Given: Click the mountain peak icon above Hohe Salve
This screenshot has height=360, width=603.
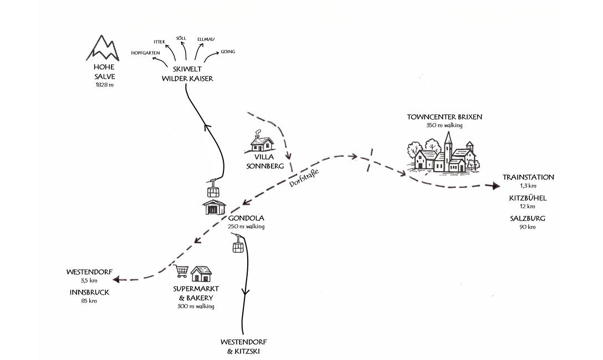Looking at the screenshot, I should [x=103, y=48].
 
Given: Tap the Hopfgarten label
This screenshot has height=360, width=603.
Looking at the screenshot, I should [x=146, y=53].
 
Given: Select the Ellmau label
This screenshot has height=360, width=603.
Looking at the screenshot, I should [x=206, y=39].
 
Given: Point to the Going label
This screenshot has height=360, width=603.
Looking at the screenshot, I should [x=228, y=52].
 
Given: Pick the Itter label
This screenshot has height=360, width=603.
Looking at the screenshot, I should [x=159, y=42].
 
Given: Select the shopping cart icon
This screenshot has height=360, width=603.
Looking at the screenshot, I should [x=181, y=271].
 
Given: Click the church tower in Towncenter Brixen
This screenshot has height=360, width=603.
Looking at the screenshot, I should [x=448, y=147].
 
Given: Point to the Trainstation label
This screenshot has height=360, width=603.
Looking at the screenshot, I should [x=528, y=177].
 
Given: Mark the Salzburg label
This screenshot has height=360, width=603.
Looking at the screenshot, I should [x=528, y=218].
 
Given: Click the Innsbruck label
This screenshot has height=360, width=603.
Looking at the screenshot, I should [x=89, y=292].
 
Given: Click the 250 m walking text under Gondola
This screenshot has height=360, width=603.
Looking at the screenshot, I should [x=246, y=227].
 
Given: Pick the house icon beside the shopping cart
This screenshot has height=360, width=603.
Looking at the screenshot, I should [x=201, y=274].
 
